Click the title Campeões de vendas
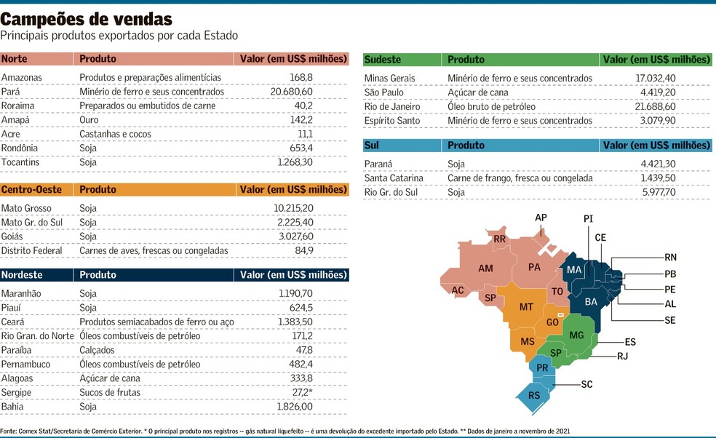pos(87,17)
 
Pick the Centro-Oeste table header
pos(31,190)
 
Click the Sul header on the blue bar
pos(372,146)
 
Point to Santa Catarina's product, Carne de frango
pos(520,178)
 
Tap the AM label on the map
pos(486,268)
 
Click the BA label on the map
pos(591,301)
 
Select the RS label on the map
pos(534,396)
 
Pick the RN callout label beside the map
pos(670,257)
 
